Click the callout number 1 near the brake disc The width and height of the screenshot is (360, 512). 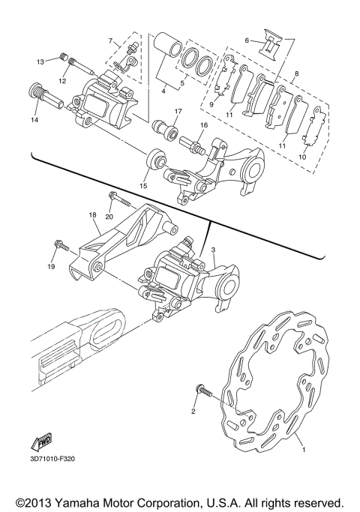coord(304,451)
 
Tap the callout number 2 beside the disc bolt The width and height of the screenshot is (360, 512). coord(193,412)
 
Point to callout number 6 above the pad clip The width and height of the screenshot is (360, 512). coord(246,40)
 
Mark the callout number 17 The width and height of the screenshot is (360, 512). coord(178,112)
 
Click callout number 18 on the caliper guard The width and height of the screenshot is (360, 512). coord(94,214)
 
